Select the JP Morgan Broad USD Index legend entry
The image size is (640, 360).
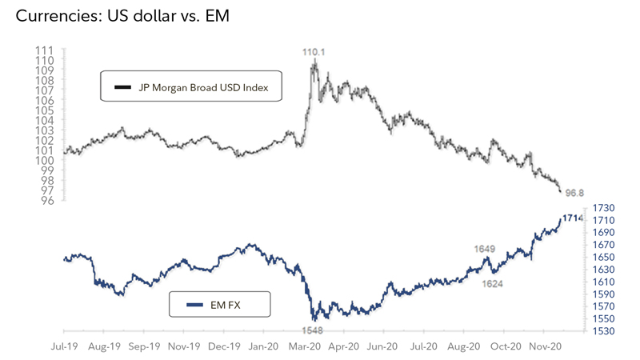tap(191, 87)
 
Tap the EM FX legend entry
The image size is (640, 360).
tap(220, 304)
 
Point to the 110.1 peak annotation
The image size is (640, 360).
tap(314, 52)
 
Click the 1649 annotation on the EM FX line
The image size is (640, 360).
tap(486, 250)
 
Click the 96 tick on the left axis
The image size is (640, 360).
tap(48, 200)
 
